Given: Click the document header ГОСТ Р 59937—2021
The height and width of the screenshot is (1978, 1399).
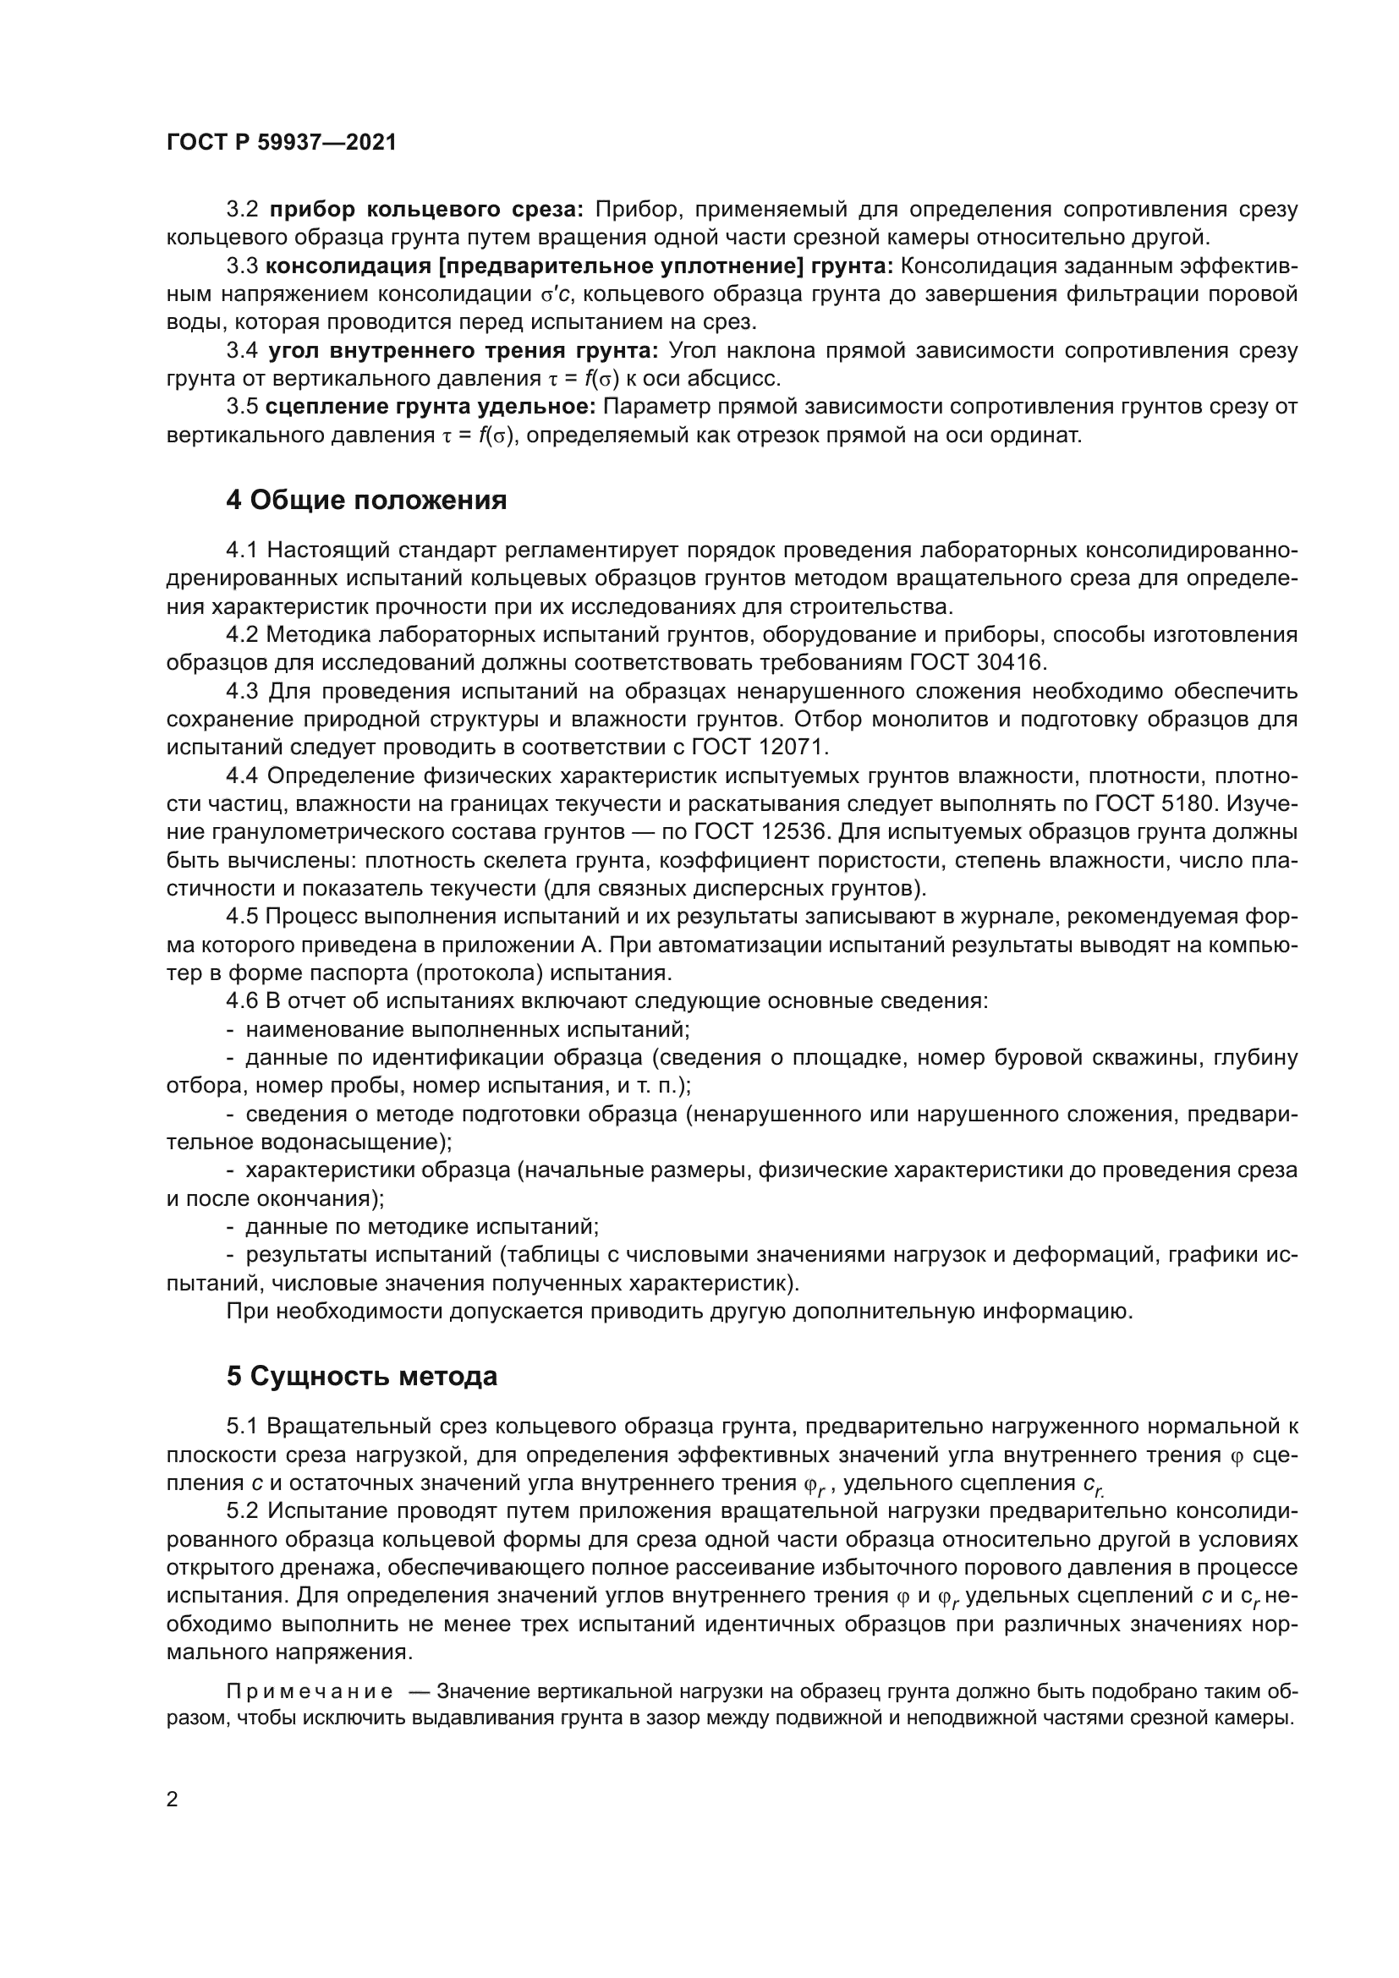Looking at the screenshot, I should coord(281,143).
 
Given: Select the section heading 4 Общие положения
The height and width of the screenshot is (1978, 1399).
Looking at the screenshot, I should coord(366,501).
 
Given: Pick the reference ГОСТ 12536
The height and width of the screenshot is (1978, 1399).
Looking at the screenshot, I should coord(760,832).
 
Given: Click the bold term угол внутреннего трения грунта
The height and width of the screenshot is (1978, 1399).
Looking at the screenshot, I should coord(464,351).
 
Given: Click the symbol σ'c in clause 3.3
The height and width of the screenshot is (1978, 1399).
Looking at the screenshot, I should coord(557,294).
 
